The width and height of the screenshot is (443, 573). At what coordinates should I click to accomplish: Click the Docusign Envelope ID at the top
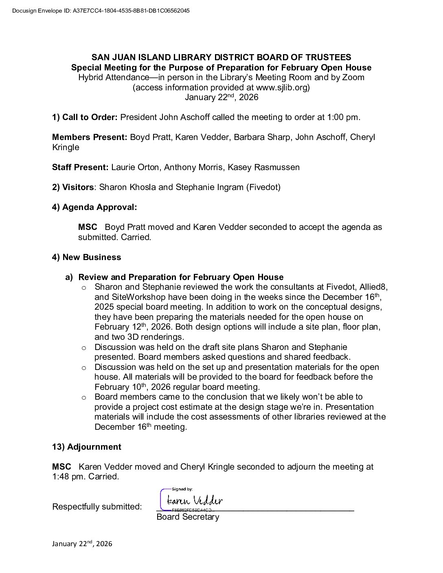click(x=101, y=11)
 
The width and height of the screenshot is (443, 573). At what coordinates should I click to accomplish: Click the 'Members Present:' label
click(x=90, y=138)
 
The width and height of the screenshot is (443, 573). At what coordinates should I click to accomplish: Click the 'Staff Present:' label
click(x=80, y=167)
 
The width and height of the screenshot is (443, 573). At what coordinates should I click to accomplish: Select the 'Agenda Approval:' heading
click(x=100, y=207)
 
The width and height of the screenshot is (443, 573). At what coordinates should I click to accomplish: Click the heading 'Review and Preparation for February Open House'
click(x=181, y=277)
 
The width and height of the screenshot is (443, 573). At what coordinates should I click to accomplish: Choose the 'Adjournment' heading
click(x=94, y=447)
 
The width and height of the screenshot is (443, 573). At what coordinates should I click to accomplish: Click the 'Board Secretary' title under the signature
click(x=188, y=517)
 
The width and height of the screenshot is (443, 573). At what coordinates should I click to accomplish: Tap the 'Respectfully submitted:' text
click(x=97, y=507)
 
